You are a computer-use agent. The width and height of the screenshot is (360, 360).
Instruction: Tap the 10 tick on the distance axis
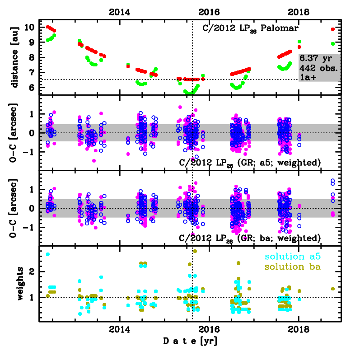point(30,28)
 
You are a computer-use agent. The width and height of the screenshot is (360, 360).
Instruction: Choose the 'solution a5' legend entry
point(292,257)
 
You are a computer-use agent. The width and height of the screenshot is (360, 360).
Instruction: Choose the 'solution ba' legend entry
point(292,267)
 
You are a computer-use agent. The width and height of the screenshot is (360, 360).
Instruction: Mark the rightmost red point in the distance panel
point(333,29)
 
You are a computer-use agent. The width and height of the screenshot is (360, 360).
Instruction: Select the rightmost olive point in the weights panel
point(333,289)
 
